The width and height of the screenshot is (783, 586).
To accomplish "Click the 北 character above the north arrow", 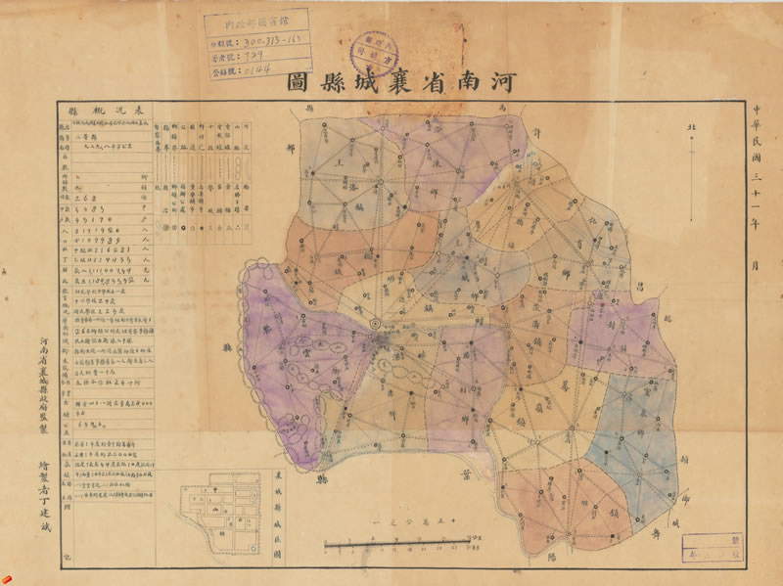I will pyautogui.click(x=692, y=128).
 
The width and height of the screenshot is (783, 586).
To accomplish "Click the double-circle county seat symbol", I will pyautogui.click(x=376, y=325).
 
